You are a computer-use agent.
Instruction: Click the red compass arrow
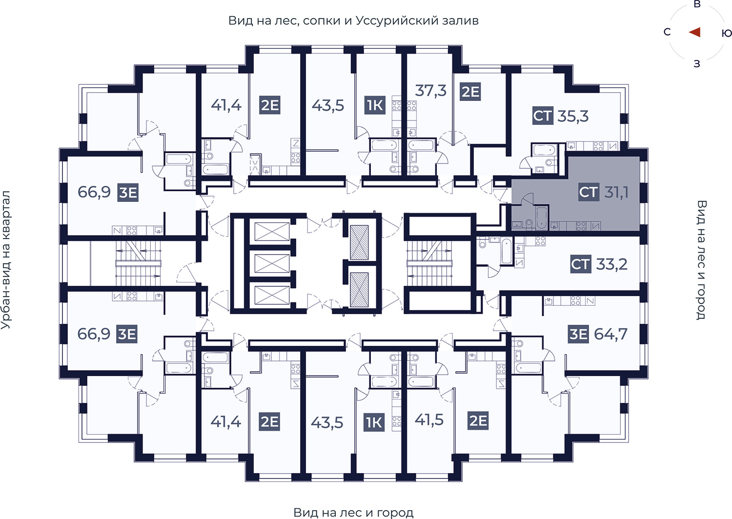[695, 32]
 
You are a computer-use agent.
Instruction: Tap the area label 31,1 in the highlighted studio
[616, 192]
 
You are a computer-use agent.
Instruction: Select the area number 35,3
[573, 116]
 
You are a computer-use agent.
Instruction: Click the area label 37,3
[431, 90]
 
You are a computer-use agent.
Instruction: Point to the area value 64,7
[610, 334]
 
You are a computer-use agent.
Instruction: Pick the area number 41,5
[429, 419]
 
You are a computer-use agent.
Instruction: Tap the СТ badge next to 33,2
[581, 264]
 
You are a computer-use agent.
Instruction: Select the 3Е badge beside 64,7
[578, 334]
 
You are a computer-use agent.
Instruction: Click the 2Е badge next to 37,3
[470, 92]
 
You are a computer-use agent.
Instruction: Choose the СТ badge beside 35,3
[543, 116]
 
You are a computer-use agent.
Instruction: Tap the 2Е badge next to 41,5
[478, 420]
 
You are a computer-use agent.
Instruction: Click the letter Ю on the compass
[727, 33]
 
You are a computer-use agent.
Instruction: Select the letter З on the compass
[697, 63]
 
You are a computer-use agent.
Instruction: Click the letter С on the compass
[667, 32]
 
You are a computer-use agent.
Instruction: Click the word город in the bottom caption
[395, 513]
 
